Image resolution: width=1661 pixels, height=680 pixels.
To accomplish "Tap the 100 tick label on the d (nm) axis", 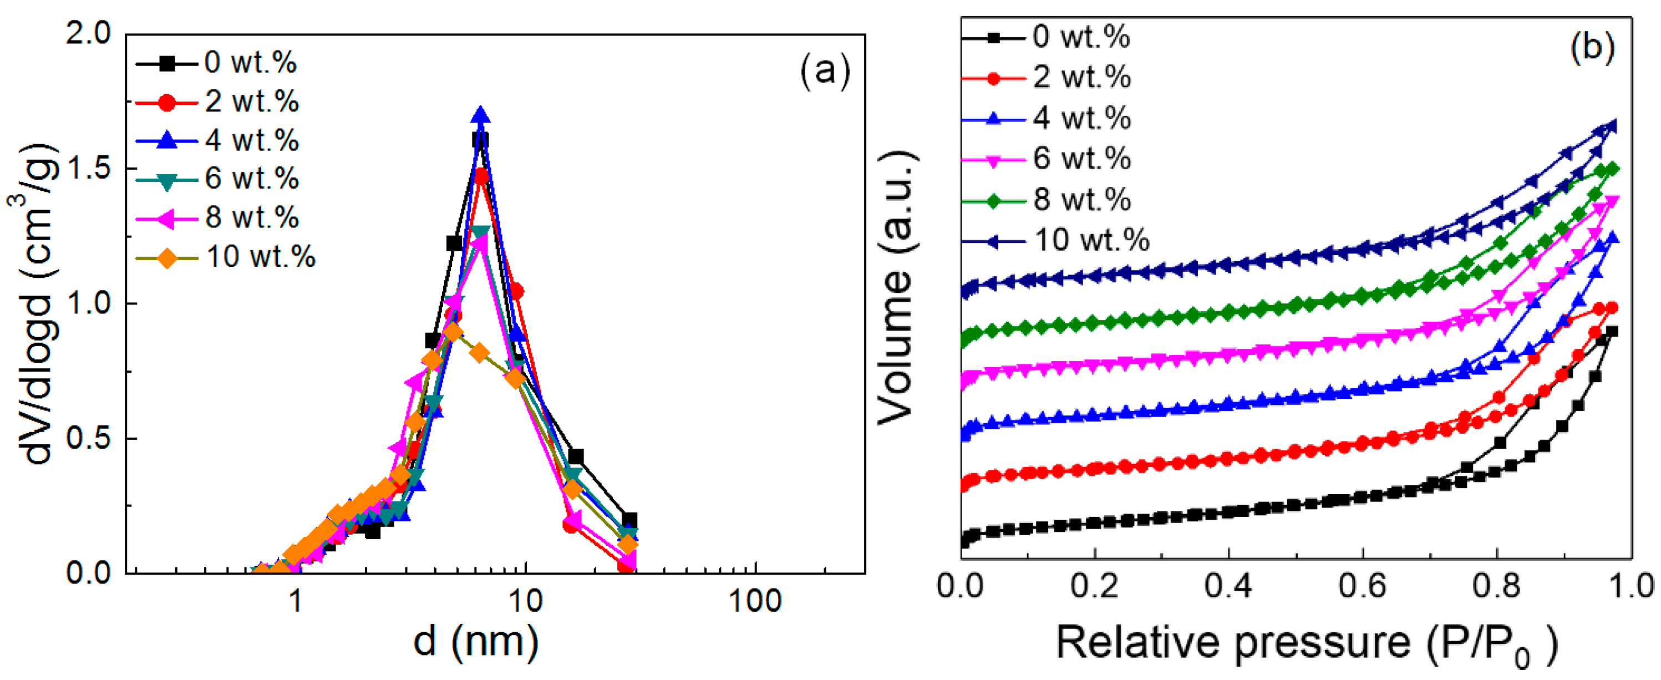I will pos(754,601).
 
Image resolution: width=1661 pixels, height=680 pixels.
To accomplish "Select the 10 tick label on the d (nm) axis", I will pos(526,601).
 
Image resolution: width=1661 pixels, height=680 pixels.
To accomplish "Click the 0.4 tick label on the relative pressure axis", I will pos(1228,586).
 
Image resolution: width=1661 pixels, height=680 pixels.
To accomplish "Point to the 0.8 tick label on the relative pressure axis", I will pos(1496,586).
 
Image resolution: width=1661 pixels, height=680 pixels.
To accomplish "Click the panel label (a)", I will pos(825,70).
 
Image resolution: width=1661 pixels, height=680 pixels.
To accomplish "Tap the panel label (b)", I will pos(1592,47).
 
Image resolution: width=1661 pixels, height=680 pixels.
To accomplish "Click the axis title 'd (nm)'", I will pos(476,641).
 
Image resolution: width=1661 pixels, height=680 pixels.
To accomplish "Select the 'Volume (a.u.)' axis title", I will pos(896,287).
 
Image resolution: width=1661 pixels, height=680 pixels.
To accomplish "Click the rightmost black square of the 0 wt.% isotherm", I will pos(1611,332).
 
